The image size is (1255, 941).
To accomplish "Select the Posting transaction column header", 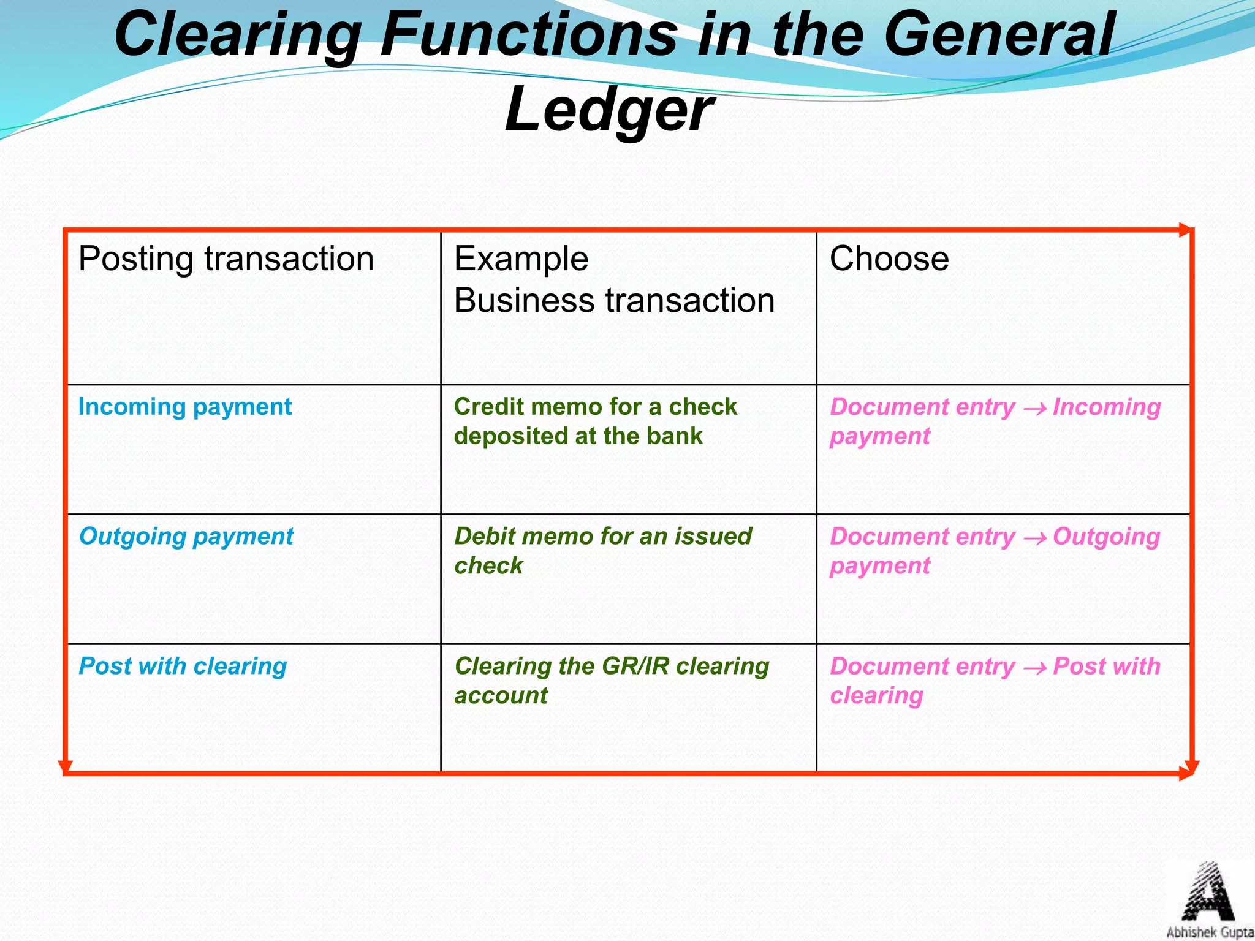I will (226, 259).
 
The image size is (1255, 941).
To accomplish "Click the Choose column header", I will (889, 259).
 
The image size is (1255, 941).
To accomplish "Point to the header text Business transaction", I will (614, 301).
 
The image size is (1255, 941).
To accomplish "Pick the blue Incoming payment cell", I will (185, 407).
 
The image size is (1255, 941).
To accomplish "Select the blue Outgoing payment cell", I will (186, 537).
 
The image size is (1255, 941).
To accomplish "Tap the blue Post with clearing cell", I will (183, 667).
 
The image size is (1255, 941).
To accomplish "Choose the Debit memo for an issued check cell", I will (603, 550).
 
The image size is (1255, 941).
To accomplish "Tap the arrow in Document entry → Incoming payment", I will (1034, 409).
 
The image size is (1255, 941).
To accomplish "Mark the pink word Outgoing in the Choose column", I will (1107, 537).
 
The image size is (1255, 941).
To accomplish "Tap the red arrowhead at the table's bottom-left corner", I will (65, 767).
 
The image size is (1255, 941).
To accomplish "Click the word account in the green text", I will (501, 696).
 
